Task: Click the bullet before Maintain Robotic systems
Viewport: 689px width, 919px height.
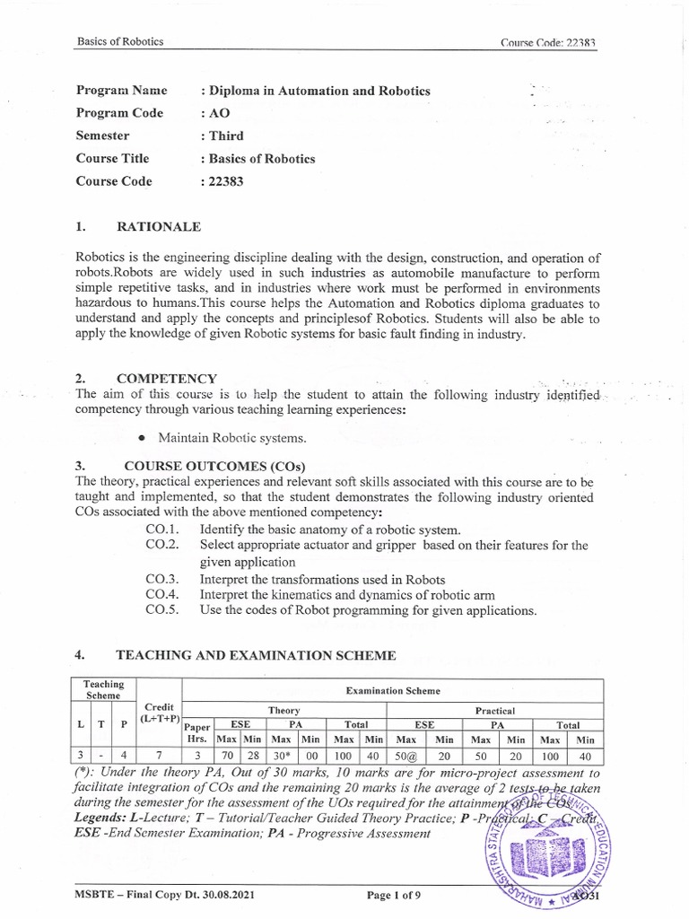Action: (143, 438)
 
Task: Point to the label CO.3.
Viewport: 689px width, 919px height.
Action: (163, 579)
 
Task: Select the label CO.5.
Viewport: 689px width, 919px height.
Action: (163, 610)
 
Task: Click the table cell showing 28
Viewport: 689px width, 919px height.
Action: (251, 756)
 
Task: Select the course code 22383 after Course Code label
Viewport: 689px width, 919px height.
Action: (226, 180)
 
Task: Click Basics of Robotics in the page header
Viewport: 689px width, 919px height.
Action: (120, 42)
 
